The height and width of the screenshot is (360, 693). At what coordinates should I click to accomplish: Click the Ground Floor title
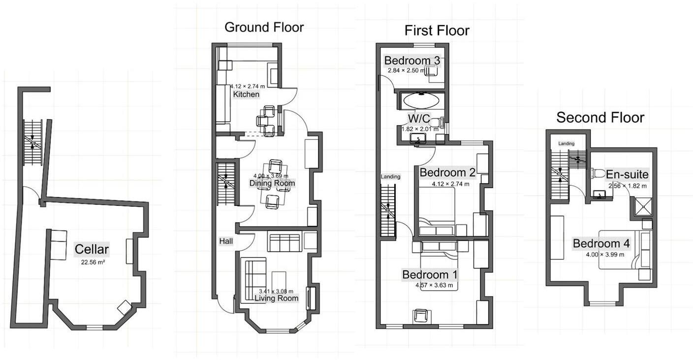tap(264, 27)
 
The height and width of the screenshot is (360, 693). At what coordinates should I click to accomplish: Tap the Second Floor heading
tap(600, 118)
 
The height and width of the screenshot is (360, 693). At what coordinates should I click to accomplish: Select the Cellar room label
tap(92, 249)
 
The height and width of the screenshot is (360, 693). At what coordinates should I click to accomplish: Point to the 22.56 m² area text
tap(93, 262)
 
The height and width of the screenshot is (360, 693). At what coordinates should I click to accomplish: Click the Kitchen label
tap(246, 94)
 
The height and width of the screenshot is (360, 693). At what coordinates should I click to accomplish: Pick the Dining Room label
tap(272, 183)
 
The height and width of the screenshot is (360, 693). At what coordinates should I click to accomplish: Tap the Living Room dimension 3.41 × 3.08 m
tap(276, 291)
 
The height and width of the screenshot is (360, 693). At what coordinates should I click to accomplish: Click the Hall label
tap(226, 241)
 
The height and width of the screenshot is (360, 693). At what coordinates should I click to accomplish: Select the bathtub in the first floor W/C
tap(421, 101)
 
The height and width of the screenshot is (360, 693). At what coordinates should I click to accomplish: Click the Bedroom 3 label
tap(412, 61)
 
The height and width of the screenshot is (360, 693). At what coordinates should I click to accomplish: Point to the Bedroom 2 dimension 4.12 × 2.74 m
tap(450, 184)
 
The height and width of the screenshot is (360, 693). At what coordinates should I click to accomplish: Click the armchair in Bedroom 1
tap(421, 316)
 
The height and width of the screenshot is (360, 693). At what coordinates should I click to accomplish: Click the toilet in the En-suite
tap(598, 173)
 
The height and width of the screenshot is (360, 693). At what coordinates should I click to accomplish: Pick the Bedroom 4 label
tap(601, 244)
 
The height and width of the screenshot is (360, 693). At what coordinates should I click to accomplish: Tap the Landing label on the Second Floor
tap(566, 143)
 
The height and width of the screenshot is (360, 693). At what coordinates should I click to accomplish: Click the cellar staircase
tap(33, 142)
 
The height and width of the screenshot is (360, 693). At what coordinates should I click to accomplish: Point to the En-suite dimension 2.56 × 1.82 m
tap(628, 186)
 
